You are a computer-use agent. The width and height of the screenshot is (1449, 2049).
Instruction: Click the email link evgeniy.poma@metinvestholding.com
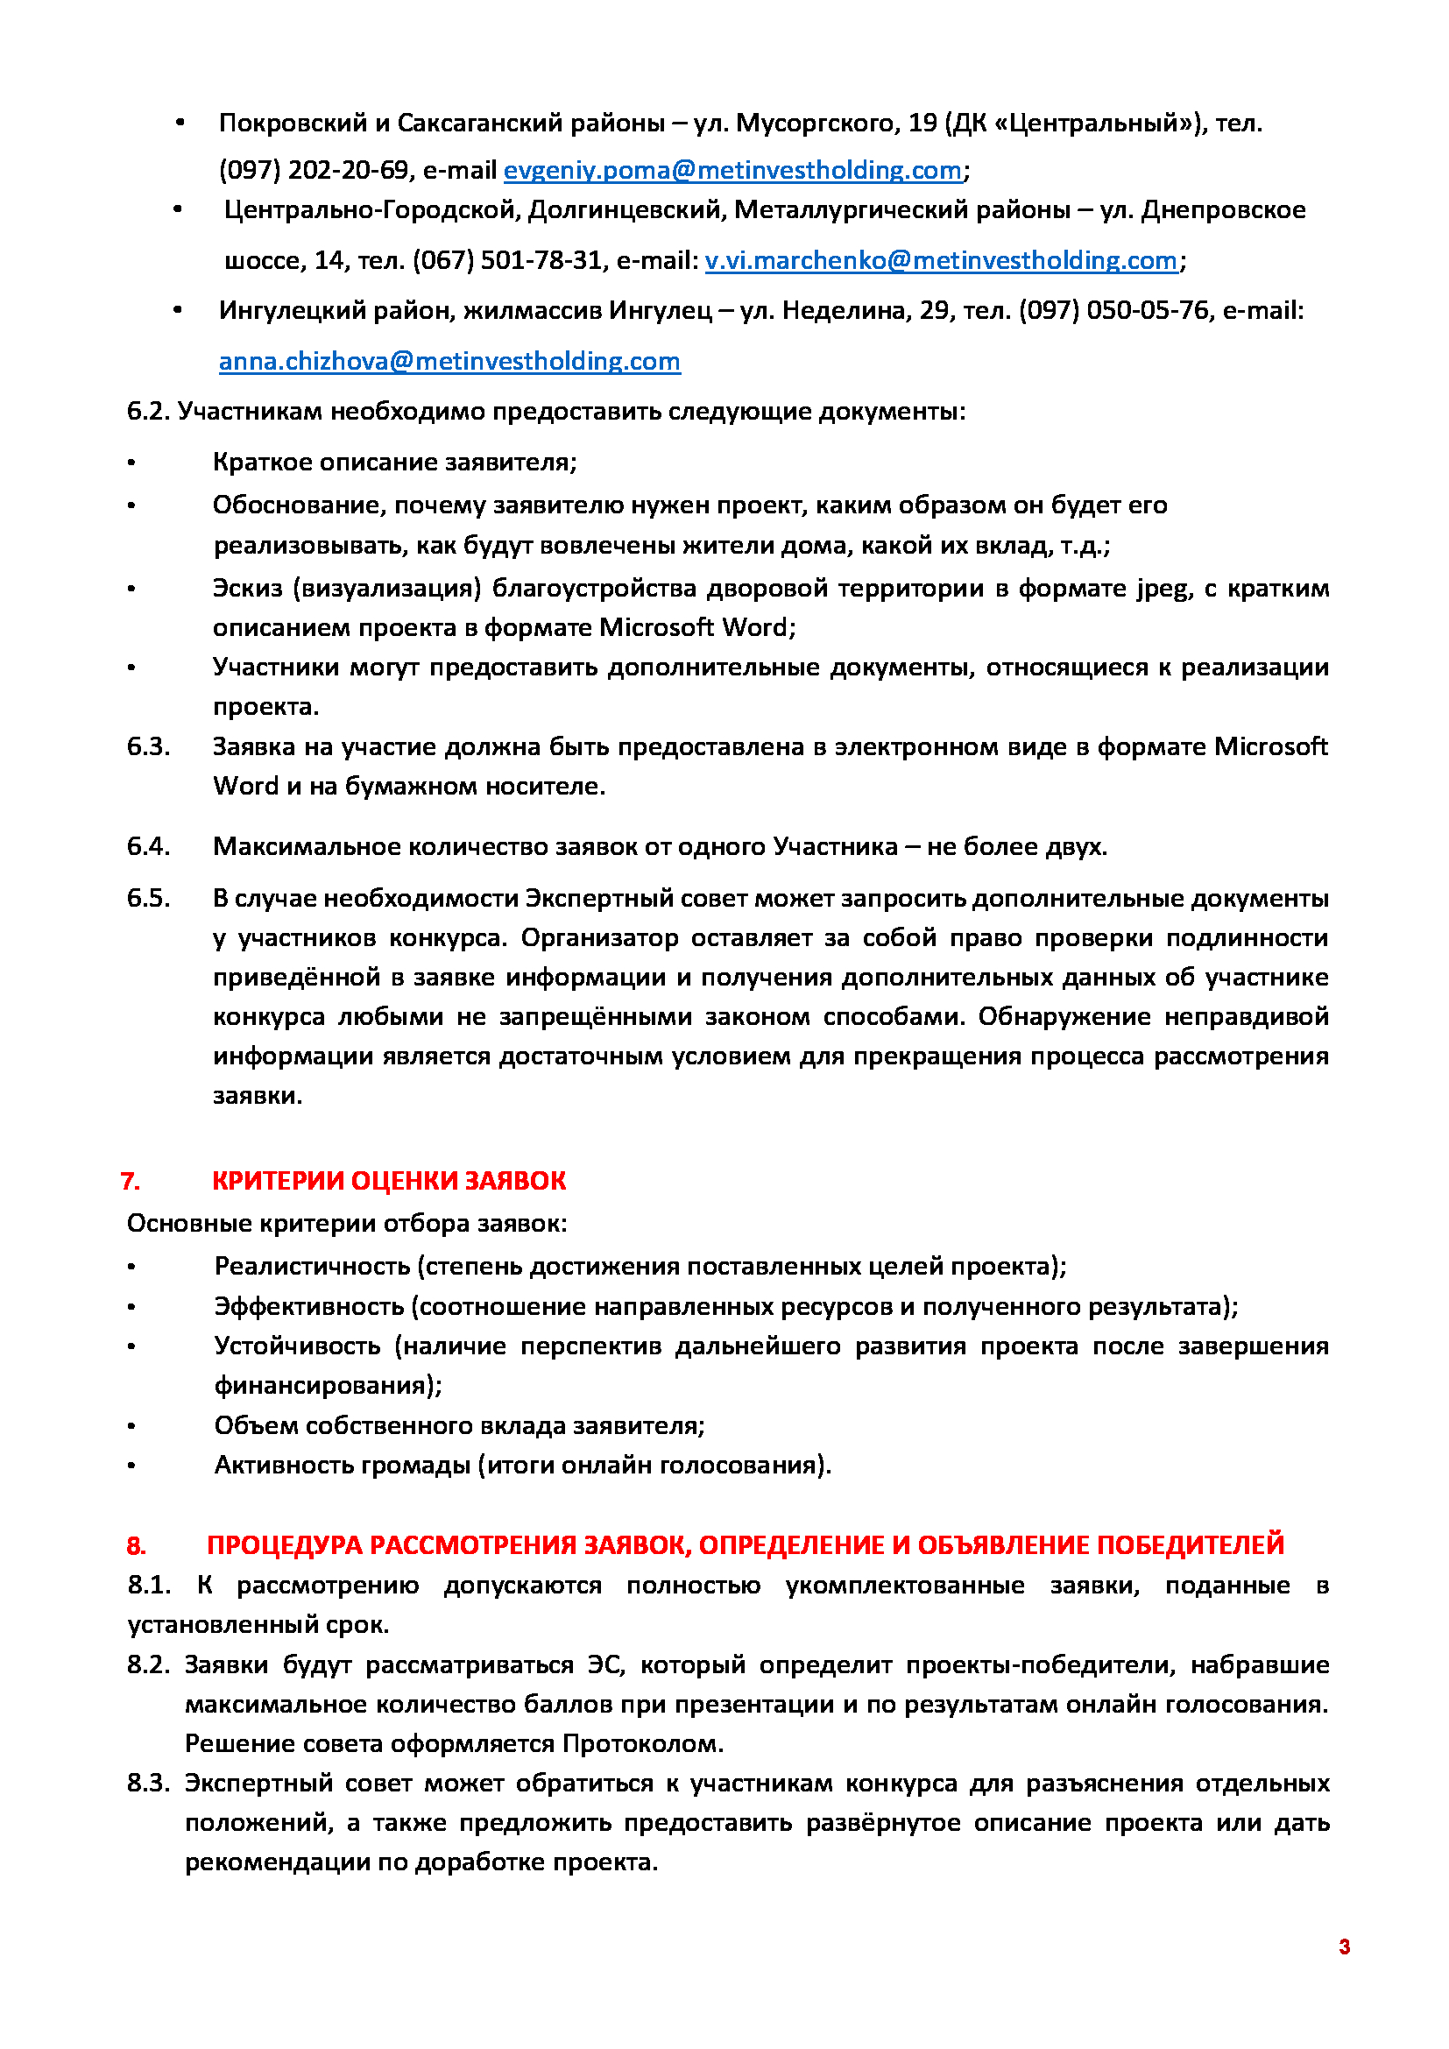coord(732,171)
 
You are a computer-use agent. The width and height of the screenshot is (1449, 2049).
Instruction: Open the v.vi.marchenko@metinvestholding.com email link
coord(940,260)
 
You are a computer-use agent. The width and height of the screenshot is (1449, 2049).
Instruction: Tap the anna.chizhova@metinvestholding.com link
coord(449,362)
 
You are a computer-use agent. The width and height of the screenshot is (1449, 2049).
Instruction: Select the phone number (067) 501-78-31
coord(506,260)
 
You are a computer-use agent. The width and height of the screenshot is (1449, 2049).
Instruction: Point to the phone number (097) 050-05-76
coord(1113,311)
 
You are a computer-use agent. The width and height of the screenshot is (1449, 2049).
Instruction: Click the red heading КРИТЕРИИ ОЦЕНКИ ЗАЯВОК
coord(388,1182)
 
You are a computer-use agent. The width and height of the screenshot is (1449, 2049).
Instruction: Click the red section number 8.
coord(136,1545)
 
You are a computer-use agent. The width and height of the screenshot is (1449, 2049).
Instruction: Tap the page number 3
coord(1344,1947)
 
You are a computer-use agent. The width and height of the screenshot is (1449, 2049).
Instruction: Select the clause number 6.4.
coord(148,847)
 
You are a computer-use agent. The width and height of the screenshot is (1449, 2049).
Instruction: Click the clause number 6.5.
coord(148,898)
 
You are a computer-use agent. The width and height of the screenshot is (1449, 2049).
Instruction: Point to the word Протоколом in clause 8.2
coord(642,1744)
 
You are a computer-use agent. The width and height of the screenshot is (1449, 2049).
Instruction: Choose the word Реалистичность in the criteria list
coord(312,1267)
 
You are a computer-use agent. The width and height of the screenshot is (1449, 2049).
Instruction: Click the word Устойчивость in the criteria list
coord(297,1346)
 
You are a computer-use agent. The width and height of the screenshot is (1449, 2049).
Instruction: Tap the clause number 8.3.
coord(148,1783)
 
